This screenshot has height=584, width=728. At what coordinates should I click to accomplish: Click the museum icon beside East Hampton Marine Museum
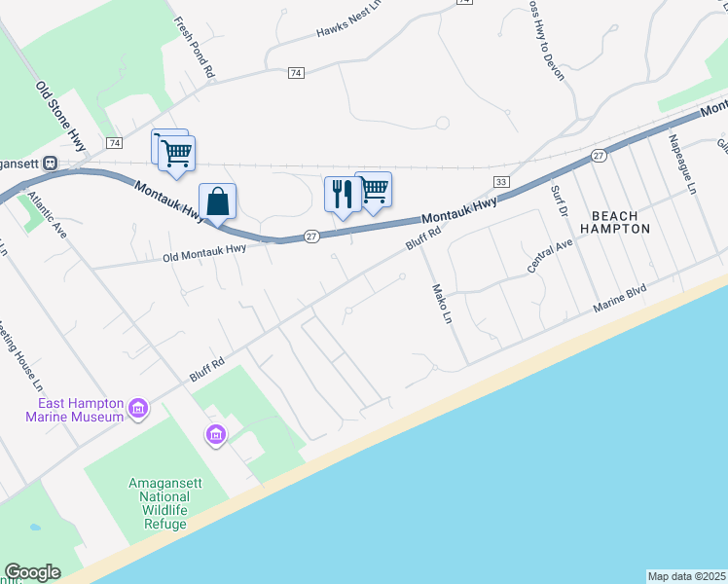[138, 408]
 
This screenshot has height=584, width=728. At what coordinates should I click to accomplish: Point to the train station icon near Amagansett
[49, 164]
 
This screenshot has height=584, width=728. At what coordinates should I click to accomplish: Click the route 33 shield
[502, 182]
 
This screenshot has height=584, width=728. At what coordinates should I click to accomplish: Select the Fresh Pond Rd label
[193, 46]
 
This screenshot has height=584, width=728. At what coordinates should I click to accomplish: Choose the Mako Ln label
[441, 305]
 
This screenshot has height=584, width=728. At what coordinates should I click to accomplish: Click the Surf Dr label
[558, 200]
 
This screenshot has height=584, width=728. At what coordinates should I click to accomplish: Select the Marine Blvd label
[620, 301]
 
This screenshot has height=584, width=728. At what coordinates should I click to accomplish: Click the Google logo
[32, 572]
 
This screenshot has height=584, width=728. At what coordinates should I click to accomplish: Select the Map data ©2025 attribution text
[686, 576]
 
